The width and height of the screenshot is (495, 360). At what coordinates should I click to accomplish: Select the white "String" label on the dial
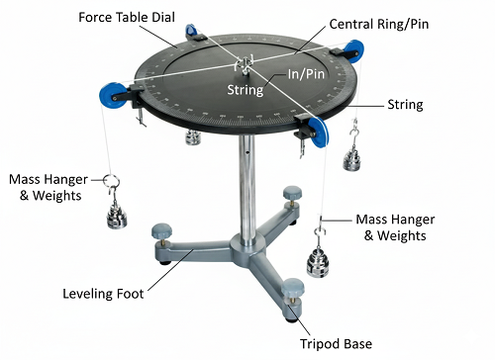tap(245, 90)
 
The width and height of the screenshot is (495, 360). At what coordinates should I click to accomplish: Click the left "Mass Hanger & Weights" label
tap(49, 188)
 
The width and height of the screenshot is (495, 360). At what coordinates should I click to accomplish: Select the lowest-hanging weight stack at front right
tap(320, 262)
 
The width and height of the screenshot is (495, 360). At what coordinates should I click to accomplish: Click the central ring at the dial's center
tap(241, 67)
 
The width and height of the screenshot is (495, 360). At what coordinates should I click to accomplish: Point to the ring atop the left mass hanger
tap(112, 181)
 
